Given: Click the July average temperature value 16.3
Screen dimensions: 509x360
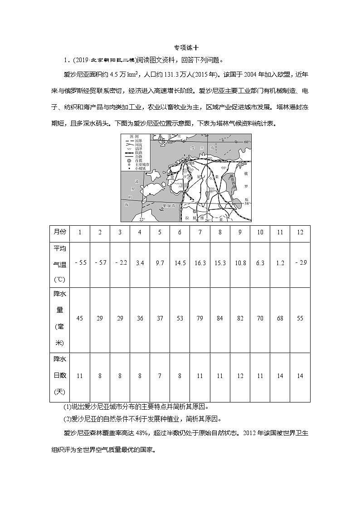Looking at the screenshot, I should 200,263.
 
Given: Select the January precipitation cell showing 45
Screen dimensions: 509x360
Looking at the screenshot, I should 80,319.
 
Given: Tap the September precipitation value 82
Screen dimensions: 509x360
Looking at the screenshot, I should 240,319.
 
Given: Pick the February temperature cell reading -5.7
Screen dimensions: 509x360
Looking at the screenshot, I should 100,263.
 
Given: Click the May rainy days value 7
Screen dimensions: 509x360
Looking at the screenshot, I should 160,376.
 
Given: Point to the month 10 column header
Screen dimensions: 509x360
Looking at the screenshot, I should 260,232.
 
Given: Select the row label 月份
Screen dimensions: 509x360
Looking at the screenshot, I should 60,232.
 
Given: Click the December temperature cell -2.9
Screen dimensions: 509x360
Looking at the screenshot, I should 300,263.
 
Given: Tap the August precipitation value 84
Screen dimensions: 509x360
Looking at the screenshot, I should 220,319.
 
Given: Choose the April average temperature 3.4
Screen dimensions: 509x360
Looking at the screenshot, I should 140,263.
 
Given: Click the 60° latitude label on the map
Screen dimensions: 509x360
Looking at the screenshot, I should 247,142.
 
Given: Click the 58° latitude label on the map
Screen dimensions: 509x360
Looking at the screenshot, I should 247,204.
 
